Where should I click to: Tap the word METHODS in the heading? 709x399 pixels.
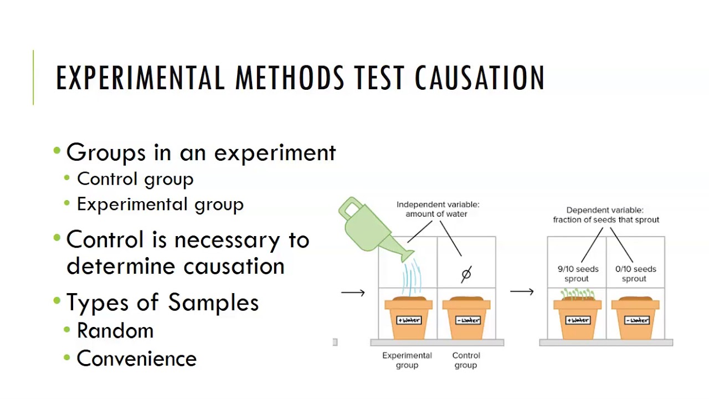[x=290, y=78]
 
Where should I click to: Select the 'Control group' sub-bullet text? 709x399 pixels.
[x=135, y=180]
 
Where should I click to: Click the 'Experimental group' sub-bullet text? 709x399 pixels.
[x=160, y=204]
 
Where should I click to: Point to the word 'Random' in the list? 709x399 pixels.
[x=115, y=331]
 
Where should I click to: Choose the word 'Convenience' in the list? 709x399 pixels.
[x=137, y=359]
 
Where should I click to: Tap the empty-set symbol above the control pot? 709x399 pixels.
[x=466, y=274]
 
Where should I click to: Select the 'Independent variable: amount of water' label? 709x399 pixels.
[x=438, y=209]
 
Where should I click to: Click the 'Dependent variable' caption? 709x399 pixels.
[x=606, y=215]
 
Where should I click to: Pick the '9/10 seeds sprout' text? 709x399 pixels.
[x=578, y=274]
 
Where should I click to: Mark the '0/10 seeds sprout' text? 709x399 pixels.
[x=635, y=274]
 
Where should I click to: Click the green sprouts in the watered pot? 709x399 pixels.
[x=578, y=294]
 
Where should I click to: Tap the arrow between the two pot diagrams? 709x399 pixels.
[x=522, y=291]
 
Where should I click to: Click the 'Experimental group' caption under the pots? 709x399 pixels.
[x=407, y=360]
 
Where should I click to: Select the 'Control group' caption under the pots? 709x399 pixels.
[x=466, y=360]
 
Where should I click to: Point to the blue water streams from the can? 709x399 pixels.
[x=412, y=277]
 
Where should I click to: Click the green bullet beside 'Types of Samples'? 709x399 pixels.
[x=57, y=300]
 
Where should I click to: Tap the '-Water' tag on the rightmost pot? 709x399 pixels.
[x=636, y=320]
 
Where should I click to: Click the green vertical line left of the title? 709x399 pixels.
[x=33, y=77]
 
